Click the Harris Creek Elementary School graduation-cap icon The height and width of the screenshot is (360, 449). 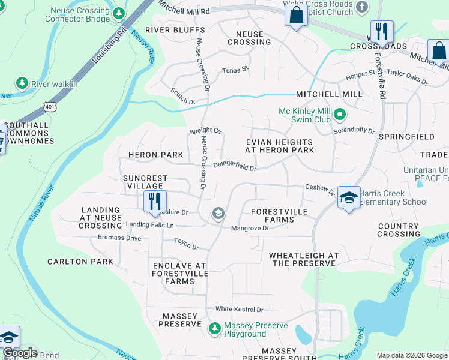[348, 197]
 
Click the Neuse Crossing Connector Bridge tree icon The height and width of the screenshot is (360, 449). [119, 13]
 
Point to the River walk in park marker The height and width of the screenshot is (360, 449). [22, 83]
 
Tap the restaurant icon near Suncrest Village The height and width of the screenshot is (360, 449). [155, 200]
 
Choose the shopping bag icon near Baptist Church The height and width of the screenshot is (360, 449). [297, 15]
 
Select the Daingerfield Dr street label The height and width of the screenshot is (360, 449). [235, 166]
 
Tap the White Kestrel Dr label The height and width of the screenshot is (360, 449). [240, 309]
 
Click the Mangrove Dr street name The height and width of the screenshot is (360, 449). [250, 228]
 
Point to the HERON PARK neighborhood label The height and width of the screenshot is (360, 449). [156, 155]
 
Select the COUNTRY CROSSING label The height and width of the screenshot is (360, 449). [399, 230]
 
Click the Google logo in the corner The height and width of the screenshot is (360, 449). [19, 353]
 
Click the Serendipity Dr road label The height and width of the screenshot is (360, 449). [354, 130]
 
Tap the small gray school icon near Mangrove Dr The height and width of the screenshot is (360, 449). [218, 213]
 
